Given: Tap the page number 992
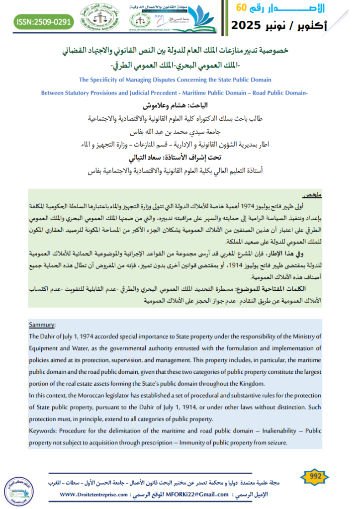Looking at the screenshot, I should point(315,476).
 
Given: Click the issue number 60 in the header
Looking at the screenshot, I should point(241,7).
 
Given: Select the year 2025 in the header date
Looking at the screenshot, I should point(253,25).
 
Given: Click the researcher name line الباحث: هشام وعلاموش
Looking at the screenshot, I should point(180,105).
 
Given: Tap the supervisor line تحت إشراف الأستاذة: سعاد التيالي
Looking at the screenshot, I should point(180,160).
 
